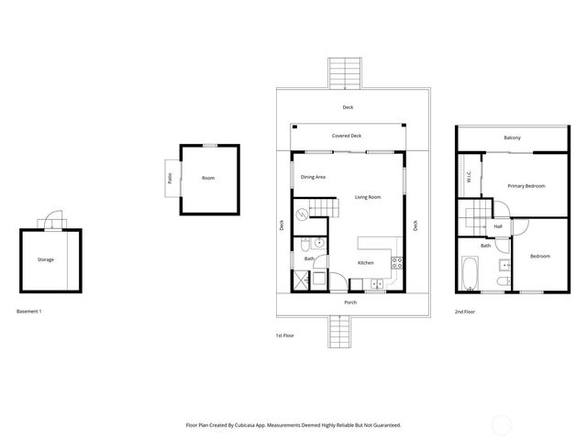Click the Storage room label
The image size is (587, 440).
pyautogui.click(x=45, y=259)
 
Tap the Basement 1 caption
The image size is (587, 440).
pyautogui.click(x=29, y=312)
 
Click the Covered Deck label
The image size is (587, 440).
pyautogui.click(x=347, y=136)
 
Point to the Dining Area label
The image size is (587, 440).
pyautogui.click(x=314, y=176)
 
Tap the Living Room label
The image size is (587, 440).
pyautogui.click(x=368, y=197)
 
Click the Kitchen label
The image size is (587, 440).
pyautogui.click(x=366, y=263)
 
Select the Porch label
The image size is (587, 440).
pyautogui.click(x=350, y=302)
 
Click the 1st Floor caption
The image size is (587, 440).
pyautogui.click(x=285, y=335)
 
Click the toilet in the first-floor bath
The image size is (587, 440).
pyautogui.click(x=315, y=244)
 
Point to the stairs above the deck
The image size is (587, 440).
pyautogui.click(x=347, y=72)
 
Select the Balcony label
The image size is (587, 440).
pyautogui.click(x=512, y=137)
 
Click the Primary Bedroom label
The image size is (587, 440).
pyautogui.click(x=526, y=186)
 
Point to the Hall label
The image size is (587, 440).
pyautogui.click(x=498, y=226)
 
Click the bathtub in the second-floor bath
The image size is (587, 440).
pyautogui.click(x=469, y=274)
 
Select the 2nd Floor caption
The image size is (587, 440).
pyautogui.click(x=465, y=312)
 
